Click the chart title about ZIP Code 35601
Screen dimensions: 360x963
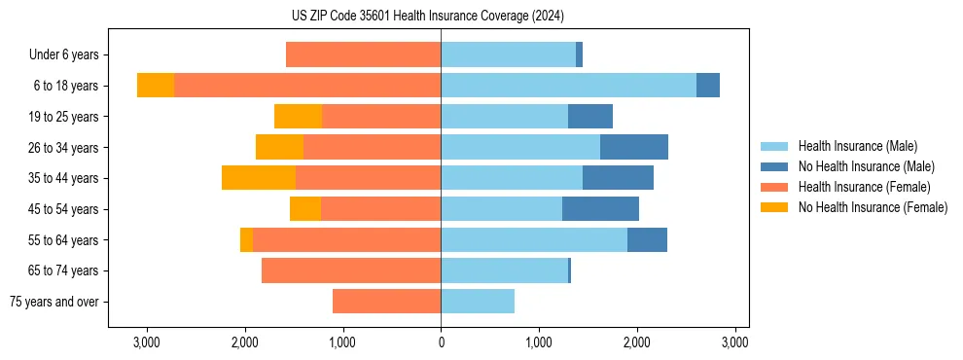441,17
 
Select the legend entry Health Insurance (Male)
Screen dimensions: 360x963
857,146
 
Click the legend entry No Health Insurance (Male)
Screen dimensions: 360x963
866,166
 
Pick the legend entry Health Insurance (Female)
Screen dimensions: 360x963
864,187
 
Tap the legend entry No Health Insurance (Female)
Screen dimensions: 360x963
873,207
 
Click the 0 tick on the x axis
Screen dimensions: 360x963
441,342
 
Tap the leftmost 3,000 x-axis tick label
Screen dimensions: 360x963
147,342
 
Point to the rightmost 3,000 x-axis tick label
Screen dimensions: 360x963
734,342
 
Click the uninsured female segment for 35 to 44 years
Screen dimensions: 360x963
259,178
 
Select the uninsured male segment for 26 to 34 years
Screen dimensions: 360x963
634,147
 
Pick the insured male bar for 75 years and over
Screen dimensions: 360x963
478,302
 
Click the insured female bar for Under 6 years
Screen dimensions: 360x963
363,55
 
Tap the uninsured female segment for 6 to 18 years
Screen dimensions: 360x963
156,86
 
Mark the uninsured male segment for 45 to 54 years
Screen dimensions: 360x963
600,209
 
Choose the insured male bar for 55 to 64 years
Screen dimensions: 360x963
534,239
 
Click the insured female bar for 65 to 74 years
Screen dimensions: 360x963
351,270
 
